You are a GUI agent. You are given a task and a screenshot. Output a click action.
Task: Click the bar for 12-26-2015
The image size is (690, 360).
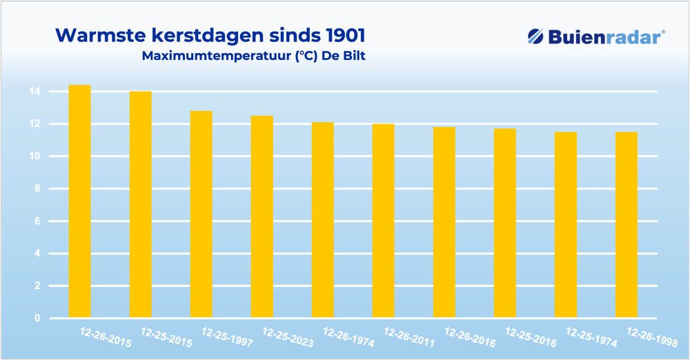[79, 201]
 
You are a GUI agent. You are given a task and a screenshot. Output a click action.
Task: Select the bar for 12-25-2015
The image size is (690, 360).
[140, 205]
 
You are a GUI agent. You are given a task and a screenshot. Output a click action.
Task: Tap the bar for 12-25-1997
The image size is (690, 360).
[201, 214]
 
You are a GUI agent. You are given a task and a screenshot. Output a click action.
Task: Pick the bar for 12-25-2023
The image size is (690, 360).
[262, 217]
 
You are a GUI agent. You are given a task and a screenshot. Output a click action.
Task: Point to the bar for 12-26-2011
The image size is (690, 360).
[383, 221]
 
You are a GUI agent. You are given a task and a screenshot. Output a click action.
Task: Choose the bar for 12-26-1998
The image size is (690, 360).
[626, 225]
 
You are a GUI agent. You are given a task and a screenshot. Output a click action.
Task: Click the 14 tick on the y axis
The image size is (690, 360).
[34, 92]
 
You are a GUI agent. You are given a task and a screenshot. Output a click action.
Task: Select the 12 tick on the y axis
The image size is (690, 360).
[34, 124]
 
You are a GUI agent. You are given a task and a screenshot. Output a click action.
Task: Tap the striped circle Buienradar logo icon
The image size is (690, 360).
[536, 37]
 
